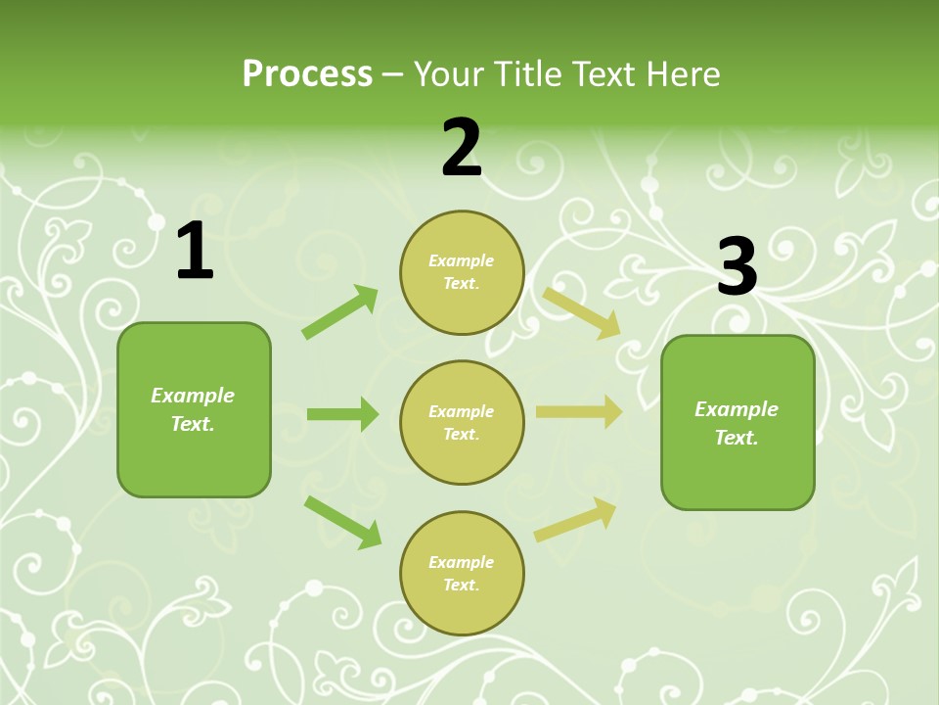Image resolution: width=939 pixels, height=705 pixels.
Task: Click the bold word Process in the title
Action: [x=307, y=73]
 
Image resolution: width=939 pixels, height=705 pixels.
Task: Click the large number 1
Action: [x=194, y=253]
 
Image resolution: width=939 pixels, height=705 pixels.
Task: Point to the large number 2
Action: [x=462, y=149]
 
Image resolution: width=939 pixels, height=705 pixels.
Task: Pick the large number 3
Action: [x=737, y=267]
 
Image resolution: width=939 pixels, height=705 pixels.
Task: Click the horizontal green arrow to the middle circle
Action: [x=342, y=414]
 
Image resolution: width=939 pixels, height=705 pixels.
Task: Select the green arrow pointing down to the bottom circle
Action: [x=342, y=522]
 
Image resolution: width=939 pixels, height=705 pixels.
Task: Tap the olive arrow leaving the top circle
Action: [x=582, y=312]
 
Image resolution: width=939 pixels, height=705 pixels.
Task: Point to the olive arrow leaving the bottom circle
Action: [x=575, y=519]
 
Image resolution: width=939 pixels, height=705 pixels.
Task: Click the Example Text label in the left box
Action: [x=193, y=409]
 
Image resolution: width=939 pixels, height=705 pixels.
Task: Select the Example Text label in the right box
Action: [x=737, y=423]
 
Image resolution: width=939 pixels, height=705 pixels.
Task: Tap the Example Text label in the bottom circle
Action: [x=462, y=574]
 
